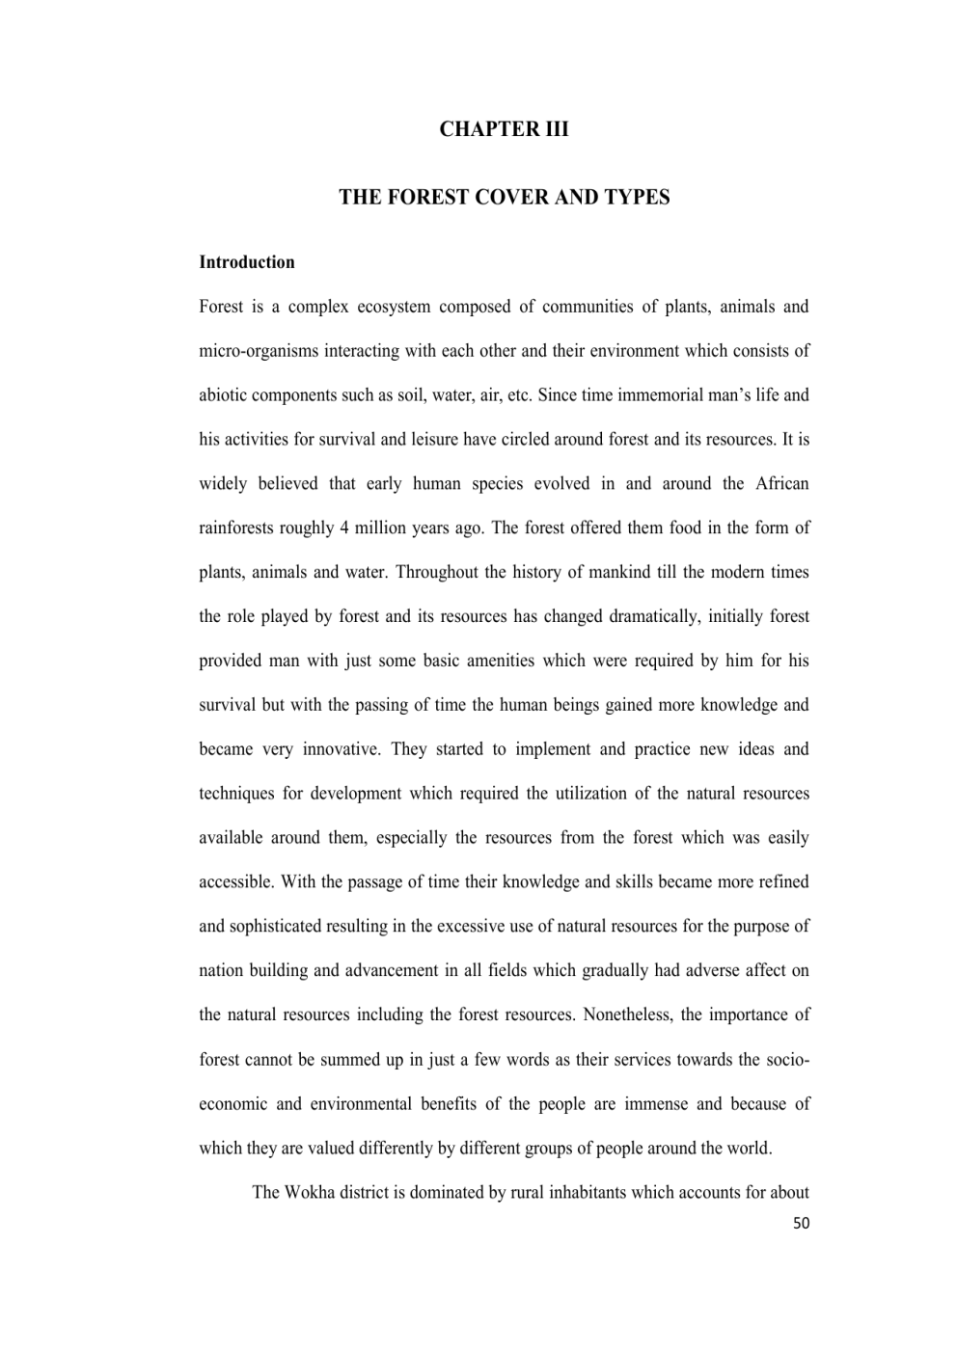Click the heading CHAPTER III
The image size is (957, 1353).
(504, 129)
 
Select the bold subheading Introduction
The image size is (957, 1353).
(247, 262)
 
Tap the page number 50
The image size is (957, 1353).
(801, 1224)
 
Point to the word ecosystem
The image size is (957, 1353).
(394, 307)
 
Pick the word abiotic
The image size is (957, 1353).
(223, 395)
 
